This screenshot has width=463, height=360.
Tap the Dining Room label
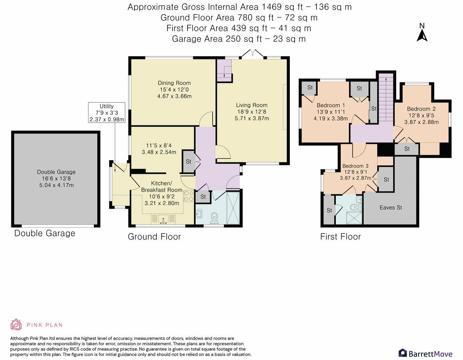point(174,83)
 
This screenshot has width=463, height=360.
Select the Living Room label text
point(252,105)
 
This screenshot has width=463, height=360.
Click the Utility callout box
point(107,113)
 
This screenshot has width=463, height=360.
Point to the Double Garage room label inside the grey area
point(56,172)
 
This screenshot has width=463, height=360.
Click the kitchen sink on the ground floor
point(163,219)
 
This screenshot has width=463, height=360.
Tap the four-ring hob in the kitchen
point(189,196)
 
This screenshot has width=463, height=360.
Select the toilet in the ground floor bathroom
point(214,218)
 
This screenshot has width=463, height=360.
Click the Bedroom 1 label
point(331,105)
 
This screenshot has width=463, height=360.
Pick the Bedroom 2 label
point(421,109)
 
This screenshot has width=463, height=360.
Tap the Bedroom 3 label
point(355,166)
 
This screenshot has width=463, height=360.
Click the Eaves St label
point(391,207)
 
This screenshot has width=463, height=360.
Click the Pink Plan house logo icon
point(16,325)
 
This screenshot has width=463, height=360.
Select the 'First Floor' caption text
point(340,236)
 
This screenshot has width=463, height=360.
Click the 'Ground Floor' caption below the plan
point(154,236)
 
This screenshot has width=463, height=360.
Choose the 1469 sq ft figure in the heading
point(282,7)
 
